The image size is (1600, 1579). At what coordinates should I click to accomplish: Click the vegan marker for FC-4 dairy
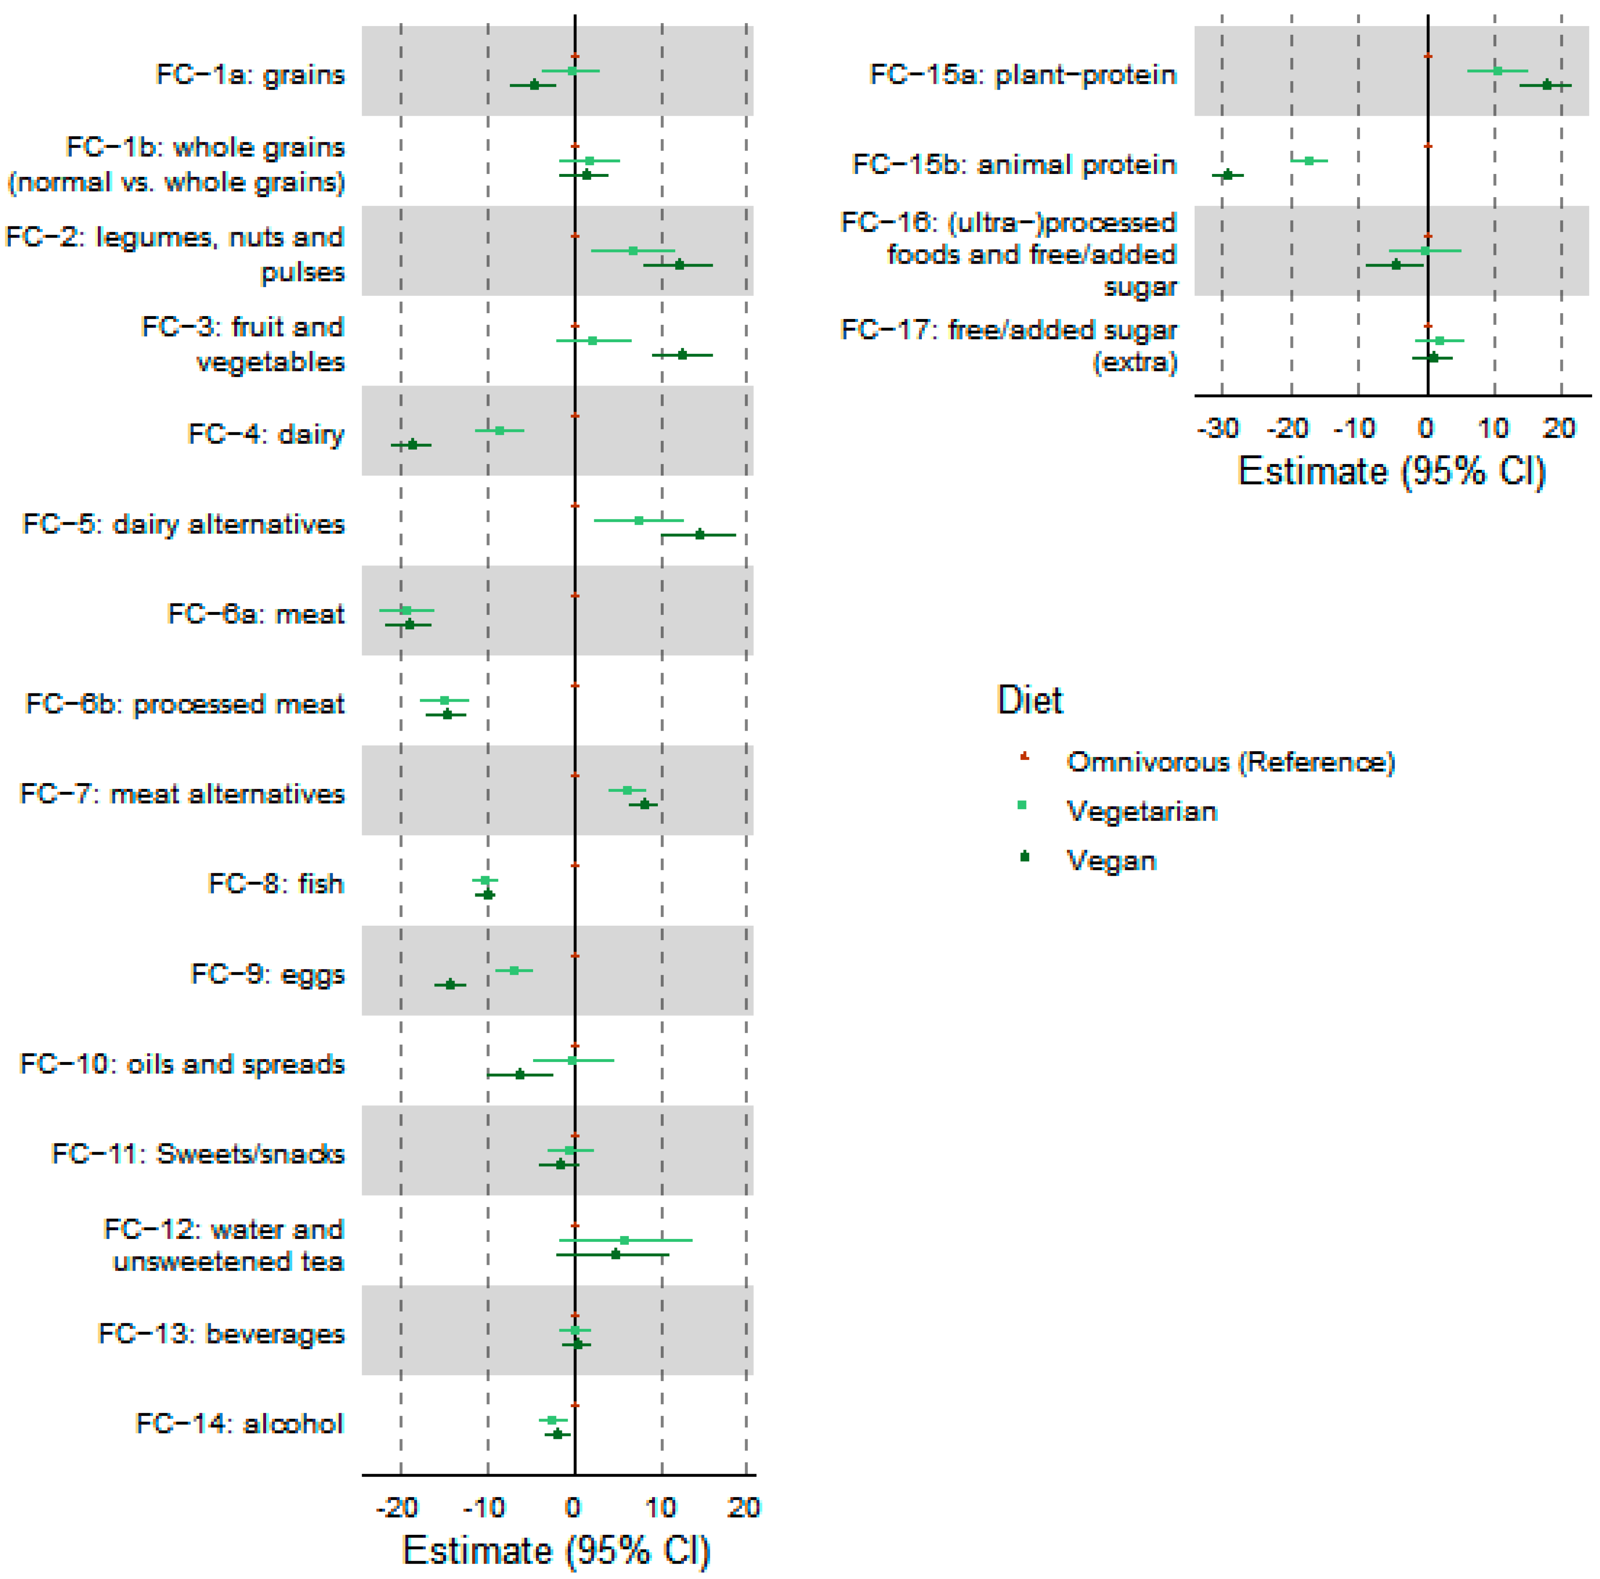click(412, 445)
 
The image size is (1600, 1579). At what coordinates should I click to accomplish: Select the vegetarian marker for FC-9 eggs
click(514, 969)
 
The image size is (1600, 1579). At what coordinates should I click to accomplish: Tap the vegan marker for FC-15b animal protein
click(1227, 175)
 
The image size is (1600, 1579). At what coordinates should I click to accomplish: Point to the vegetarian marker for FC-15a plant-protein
click(1497, 70)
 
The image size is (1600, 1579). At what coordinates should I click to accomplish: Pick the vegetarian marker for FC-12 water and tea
click(624, 1239)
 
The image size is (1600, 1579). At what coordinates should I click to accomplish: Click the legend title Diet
click(1029, 700)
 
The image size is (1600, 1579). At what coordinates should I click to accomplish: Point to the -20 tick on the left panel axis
click(398, 1507)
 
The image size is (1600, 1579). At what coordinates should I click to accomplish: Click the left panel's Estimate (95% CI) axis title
click(557, 1550)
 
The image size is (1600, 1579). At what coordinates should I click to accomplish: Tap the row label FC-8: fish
click(276, 884)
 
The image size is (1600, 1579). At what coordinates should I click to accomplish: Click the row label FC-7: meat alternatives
click(182, 793)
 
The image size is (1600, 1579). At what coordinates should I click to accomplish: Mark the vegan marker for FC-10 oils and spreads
click(519, 1074)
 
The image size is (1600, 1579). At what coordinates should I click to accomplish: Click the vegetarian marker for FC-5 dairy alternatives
click(638, 520)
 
